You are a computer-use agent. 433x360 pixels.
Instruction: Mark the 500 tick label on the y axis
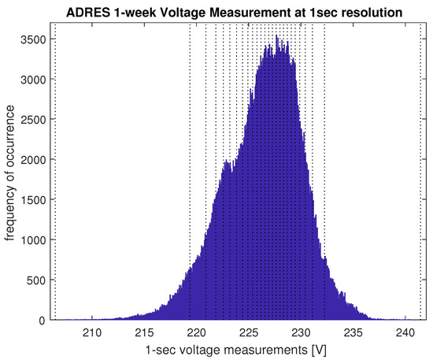tap(32, 280)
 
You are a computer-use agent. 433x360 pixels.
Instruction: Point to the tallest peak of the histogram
tap(276, 36)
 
